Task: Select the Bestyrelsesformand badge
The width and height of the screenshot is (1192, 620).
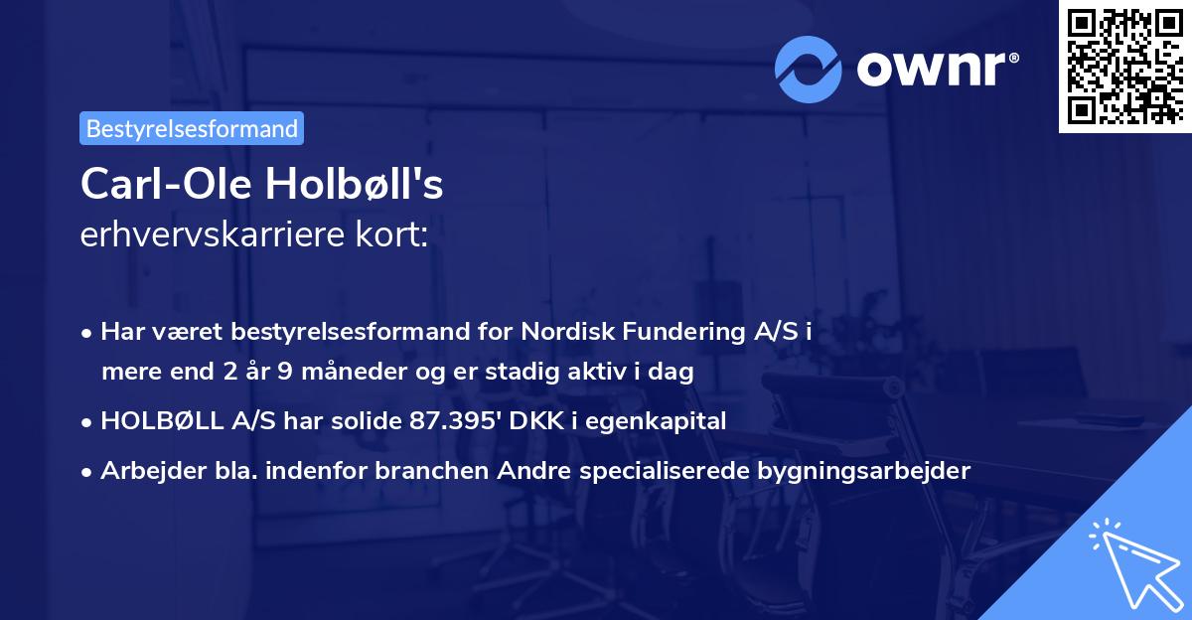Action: pyautogui.click(x=192, y=128)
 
